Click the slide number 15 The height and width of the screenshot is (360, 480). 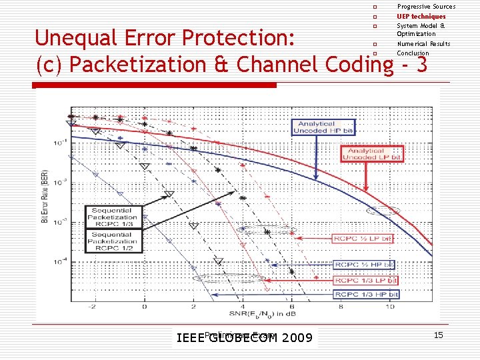pos(438,335)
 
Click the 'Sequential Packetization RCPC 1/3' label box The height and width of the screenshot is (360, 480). pos(112,218)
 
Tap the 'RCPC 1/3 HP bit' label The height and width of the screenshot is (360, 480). pos(366,294)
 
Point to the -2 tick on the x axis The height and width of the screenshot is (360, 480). pos(94,307)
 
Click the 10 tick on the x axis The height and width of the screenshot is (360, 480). pos(390,307)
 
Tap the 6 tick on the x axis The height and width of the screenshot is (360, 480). pos(291,307)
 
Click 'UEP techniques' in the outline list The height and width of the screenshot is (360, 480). pos(421,16)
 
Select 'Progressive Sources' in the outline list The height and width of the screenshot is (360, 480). pos(426,7)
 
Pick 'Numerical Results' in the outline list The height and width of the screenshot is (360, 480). pos(423,44)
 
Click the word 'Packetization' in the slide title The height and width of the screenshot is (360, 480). pos(145,65)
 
